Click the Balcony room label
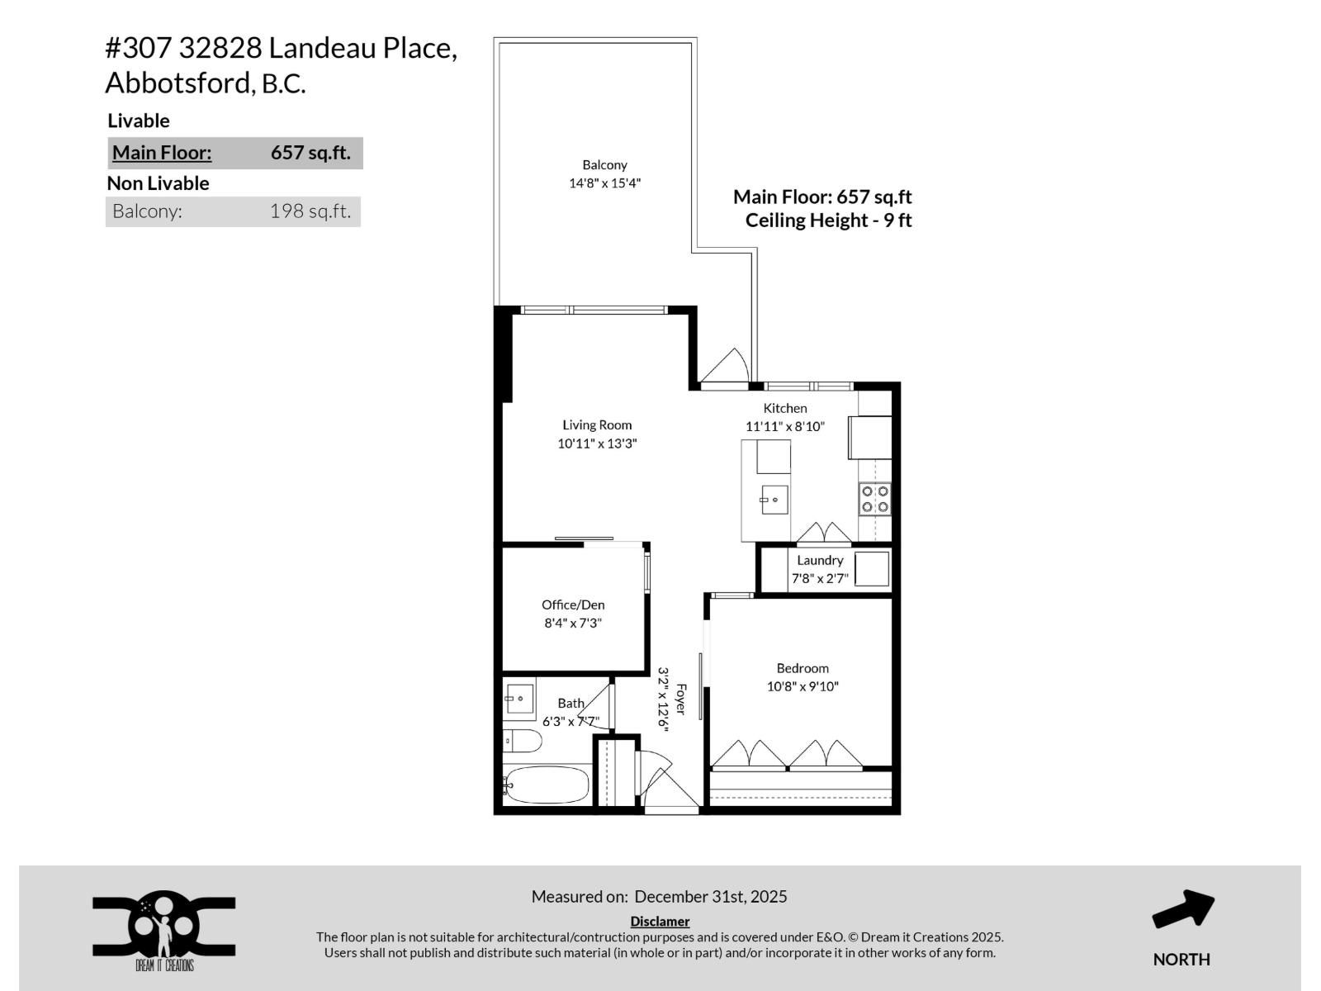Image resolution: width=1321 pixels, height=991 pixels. click(x=604, y=165)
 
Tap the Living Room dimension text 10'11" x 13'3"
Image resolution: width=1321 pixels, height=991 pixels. click(x=597, y=443)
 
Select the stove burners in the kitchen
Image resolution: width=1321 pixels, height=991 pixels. click(x=875, y=500)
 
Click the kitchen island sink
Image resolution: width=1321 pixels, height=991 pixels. click(x=774, y=500)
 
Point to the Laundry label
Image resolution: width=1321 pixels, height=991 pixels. click(x=820, y=560)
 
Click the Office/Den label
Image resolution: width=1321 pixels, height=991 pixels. click(x=573, y=605)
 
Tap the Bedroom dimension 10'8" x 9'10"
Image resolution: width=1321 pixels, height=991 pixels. click(x=803, y=686)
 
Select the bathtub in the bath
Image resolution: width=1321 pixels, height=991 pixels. click(x=547, y=785)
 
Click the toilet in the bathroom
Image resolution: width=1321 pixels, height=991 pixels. click(x=522, y=741)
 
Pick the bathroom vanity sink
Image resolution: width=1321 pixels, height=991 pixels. click(x=519, y=700)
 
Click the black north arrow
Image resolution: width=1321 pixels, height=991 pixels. click(x=1182, y=909)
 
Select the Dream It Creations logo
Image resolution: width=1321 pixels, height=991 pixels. click(x=163, y=930)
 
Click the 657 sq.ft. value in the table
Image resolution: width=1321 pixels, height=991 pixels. click(x=310, y=153)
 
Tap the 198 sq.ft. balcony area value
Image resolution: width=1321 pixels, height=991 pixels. click(x=310, y=211)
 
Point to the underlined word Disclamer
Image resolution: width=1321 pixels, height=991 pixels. click(x=660, y=922)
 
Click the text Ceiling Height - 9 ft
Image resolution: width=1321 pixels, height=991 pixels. click(x=828, y=220)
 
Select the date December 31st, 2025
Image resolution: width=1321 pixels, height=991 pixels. click(x=711, y=897)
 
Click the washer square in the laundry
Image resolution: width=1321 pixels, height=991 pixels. click(x=871, y=569)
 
